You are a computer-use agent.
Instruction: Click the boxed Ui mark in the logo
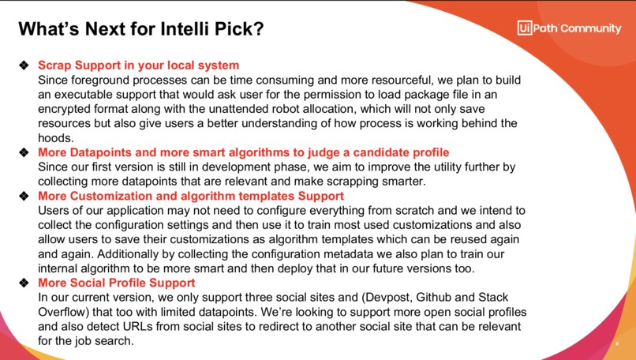524,28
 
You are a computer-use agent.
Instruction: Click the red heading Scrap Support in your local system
139,66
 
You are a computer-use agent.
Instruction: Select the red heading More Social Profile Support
117,283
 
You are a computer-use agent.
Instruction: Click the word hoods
57,137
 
